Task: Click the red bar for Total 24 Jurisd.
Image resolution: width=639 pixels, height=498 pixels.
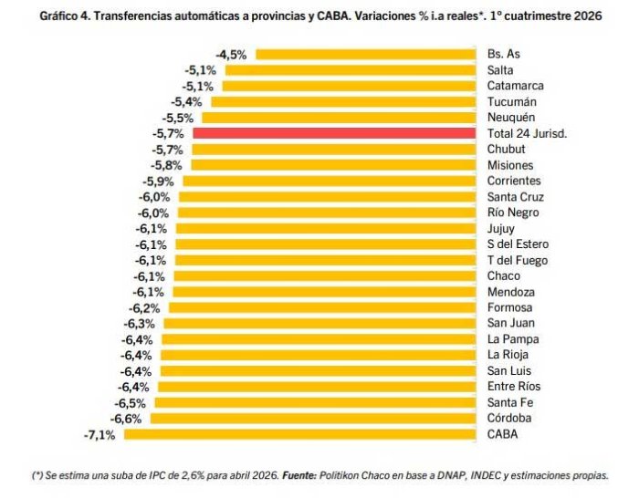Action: point(334,133)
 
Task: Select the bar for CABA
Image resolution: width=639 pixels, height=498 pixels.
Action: point(300,434)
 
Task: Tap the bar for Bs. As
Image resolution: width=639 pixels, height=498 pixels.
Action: point(365,54)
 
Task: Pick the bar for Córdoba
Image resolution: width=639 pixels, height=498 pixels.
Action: point(313,418)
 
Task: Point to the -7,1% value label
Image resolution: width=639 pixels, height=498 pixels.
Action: point(100,435)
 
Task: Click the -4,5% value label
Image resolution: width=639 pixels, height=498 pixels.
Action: point(231,55)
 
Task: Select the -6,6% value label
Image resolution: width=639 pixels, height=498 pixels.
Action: point(126,419)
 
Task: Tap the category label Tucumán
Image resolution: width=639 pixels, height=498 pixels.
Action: point(512,101)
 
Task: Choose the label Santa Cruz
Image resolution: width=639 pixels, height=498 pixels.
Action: point(516,197)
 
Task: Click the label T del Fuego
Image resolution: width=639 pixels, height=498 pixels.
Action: point(518,260)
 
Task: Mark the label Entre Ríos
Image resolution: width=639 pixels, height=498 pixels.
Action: point(514,386)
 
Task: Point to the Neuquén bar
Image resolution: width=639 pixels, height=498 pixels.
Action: point(339,118)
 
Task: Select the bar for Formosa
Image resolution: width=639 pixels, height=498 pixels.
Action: point(322,307)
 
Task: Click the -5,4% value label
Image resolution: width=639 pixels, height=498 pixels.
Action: point(186,102)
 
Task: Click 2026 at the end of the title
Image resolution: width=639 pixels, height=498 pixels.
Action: point(588,16)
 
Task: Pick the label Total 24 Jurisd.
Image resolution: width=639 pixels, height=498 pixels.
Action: point(527,133)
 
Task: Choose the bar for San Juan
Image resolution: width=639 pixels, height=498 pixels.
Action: point(319,323)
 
